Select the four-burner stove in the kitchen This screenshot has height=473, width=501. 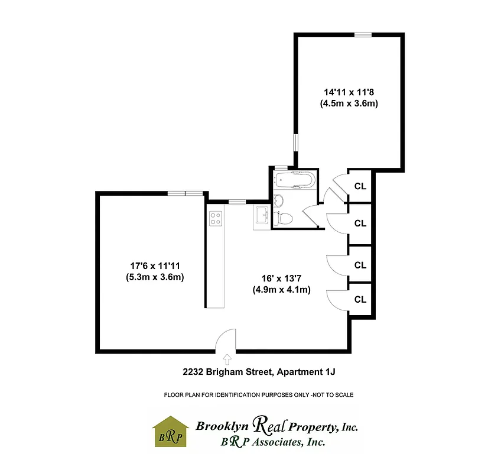click(x=216, y=218)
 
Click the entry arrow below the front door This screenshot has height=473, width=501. click(x=227, y=358)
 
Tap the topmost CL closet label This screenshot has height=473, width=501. click(x=360, y=186)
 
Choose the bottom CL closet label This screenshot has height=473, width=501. click(x=360, y=299)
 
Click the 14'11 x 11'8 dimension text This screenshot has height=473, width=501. click(x=349, y=92)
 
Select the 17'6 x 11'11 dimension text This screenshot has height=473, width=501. click(x=154, y=265)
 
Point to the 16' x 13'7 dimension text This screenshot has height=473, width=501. click(x=281, y=278)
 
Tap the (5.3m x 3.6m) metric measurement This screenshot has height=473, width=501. click(x=154, y=277)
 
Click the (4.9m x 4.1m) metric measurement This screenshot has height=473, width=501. click(x=281, y=290)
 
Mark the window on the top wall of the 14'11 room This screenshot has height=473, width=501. click(x=363, y=35)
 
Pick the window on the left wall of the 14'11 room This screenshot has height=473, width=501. click(x=295, y=144)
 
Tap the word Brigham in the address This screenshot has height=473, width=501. click(x=233, y=372)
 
